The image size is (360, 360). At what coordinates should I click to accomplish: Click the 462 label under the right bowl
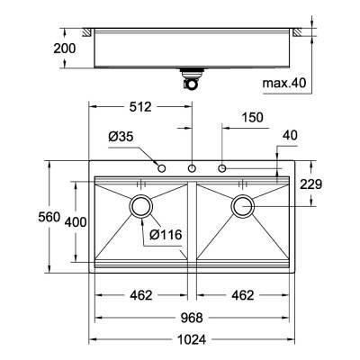coord(238,295)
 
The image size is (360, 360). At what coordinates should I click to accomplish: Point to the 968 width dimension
coord(191,318)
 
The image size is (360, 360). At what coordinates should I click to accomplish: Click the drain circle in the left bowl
coord(140,206)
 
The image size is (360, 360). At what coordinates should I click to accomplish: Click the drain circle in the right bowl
coord(243,206)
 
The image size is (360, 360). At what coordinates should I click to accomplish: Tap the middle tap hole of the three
coord(192,168)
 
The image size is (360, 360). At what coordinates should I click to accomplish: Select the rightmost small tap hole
coord(221,168)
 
